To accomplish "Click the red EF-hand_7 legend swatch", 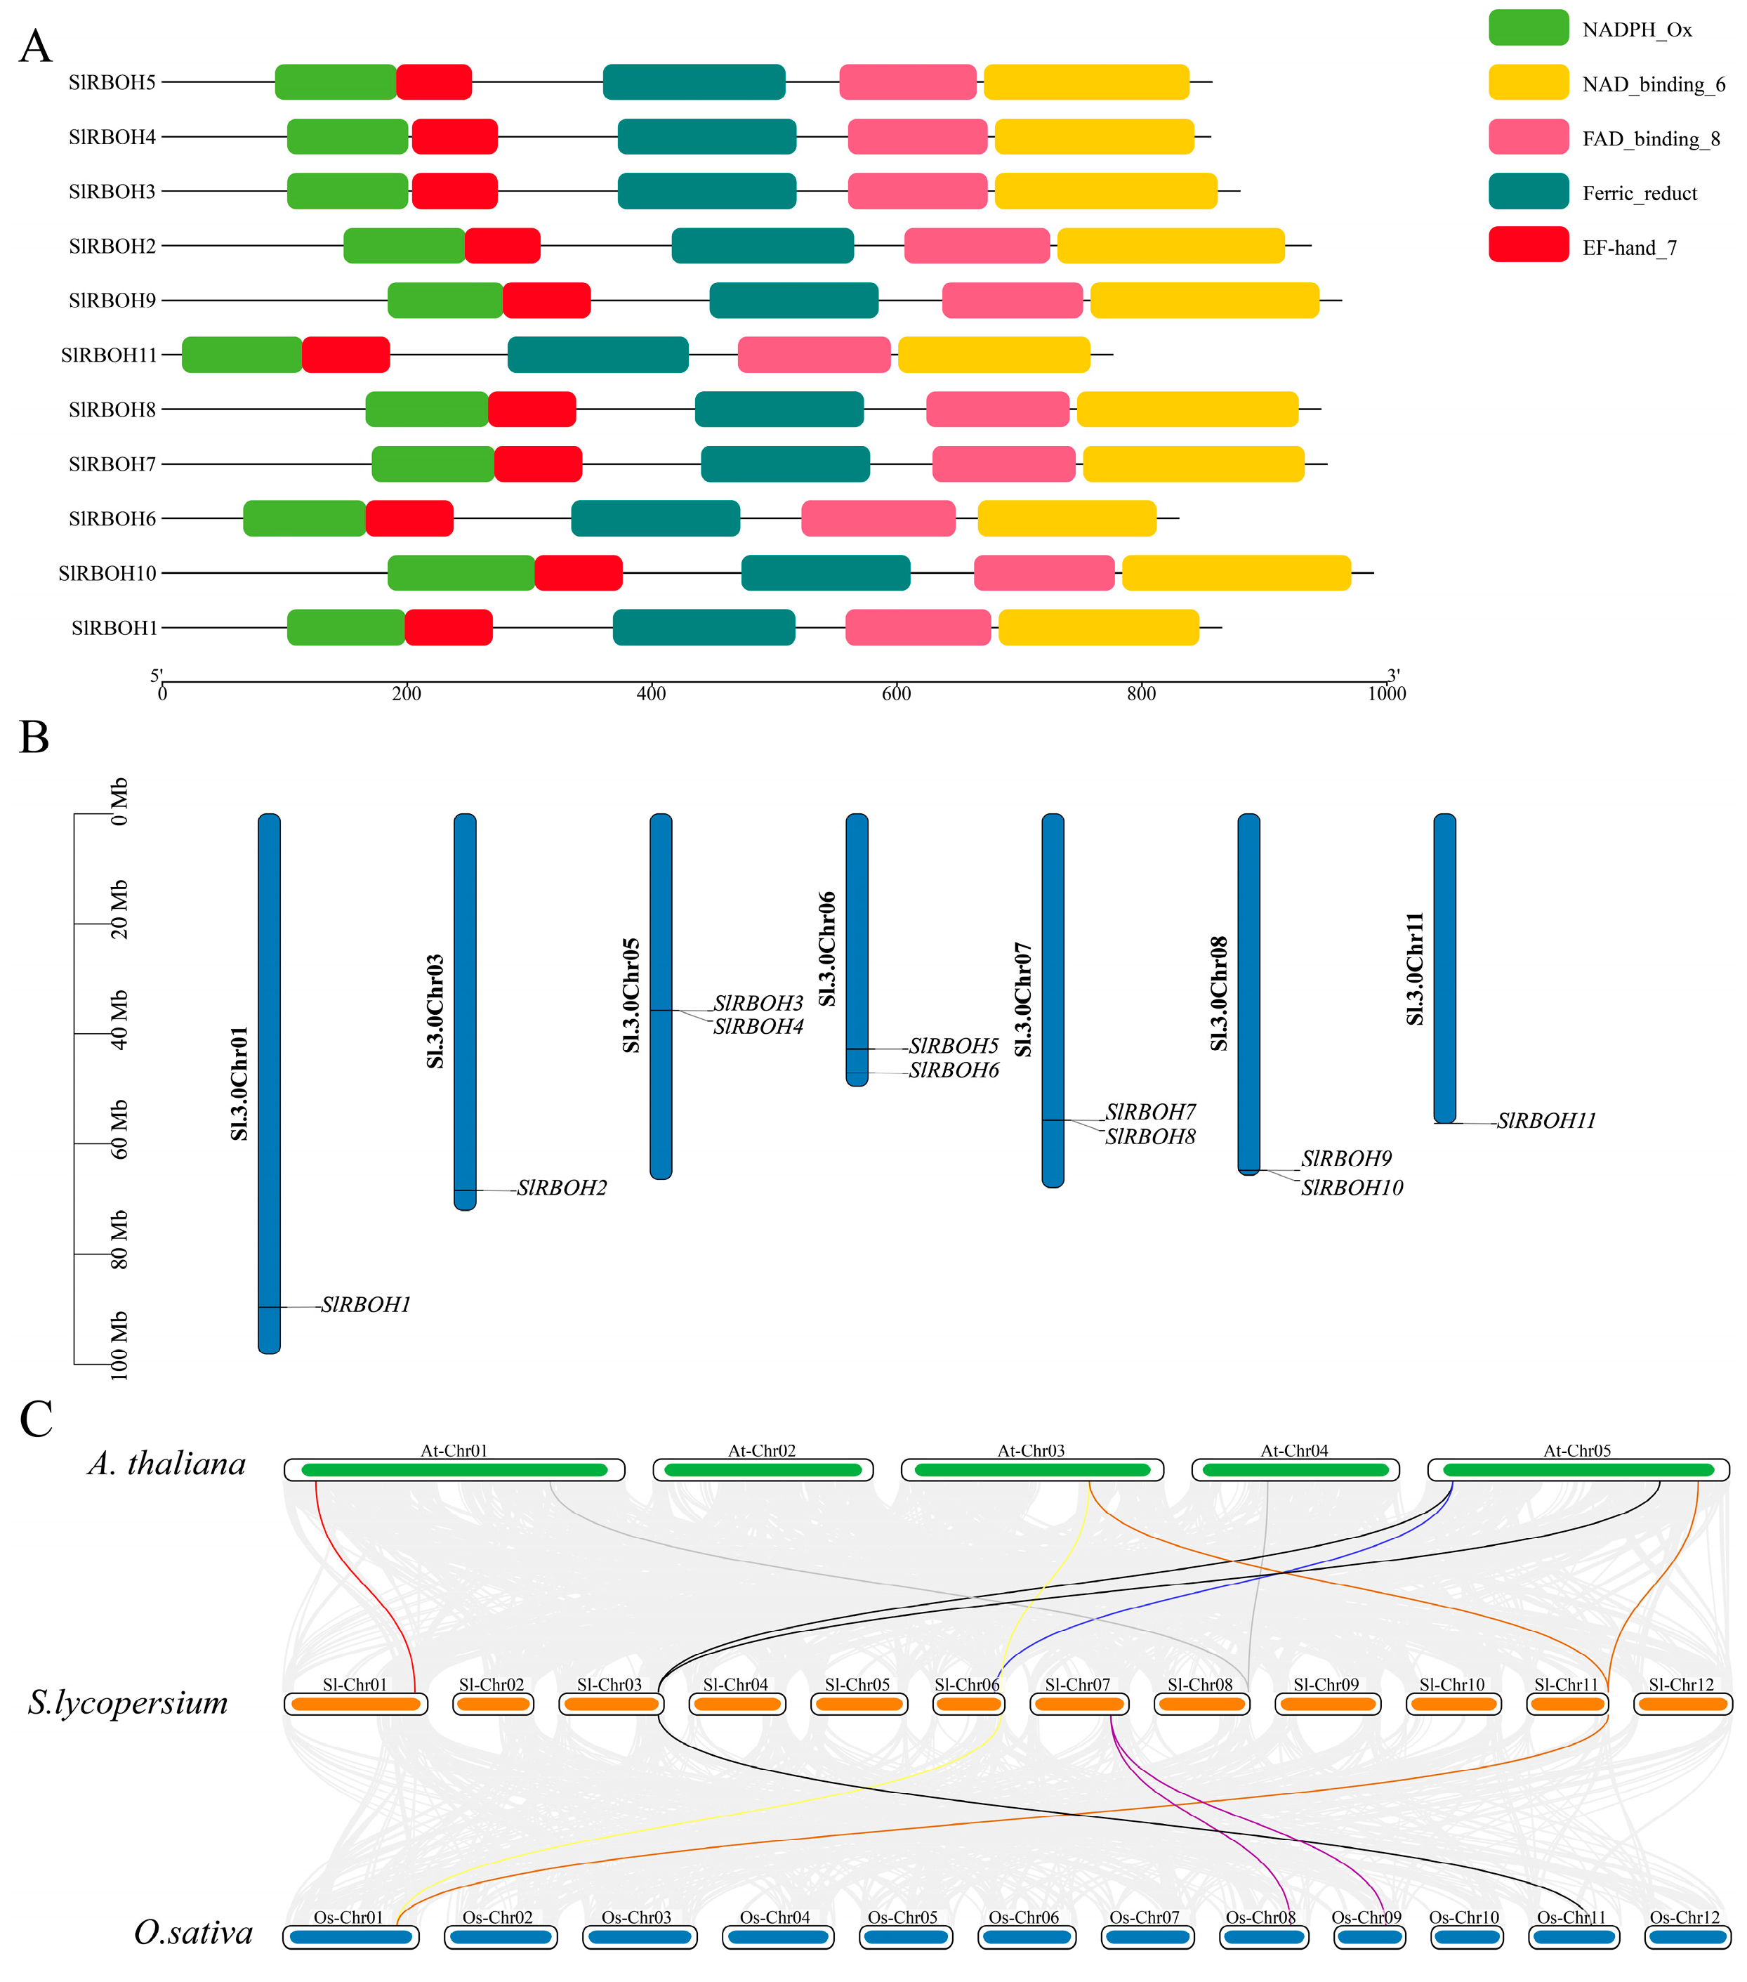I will pos(1528,244).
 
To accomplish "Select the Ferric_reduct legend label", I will pos(1640,193).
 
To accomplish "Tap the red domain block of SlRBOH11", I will pos(345,355).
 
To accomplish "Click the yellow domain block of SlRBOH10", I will pos(1236,573).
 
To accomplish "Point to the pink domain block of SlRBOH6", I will pos(878,519).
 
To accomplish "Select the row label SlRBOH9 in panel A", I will pos(112,301).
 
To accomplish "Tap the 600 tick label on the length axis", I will pos(896,693).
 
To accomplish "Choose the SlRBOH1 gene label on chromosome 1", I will pos(366,1305).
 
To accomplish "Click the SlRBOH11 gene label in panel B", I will pos(1545,1121).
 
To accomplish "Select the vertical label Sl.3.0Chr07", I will pos(1023,999).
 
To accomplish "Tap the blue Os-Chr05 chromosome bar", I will pos(902,1936).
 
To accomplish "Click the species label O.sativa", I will pos(193,1933).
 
